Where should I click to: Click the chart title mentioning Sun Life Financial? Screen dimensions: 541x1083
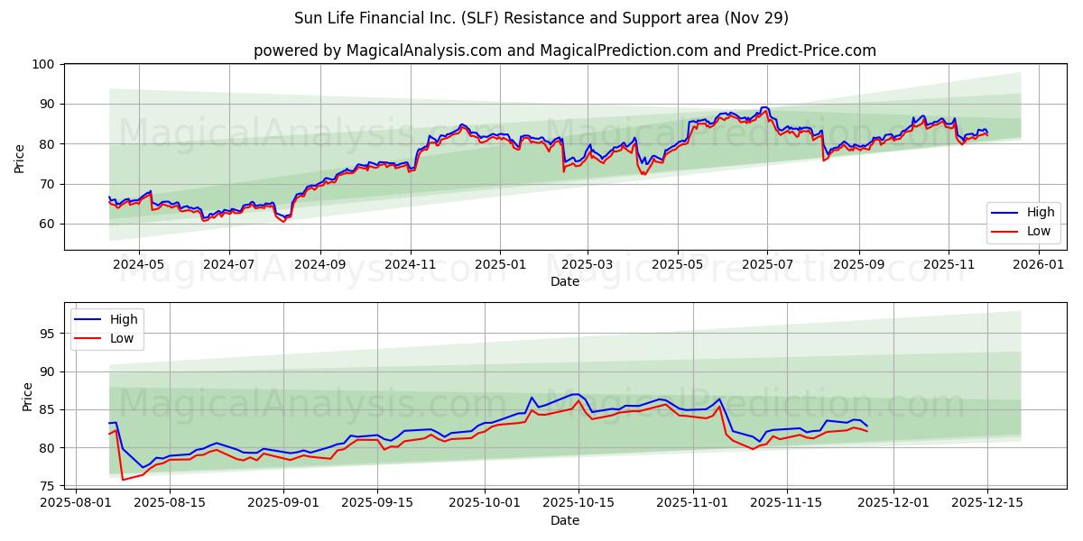[x=541, y=18]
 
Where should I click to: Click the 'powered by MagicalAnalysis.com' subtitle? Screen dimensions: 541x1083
[x=564, y=50]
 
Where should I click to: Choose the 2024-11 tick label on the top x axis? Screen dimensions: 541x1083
[x=410, y=265]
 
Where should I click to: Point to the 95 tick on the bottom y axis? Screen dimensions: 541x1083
[x=49, y=334]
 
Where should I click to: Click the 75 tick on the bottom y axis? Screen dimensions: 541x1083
[x=49, y=486]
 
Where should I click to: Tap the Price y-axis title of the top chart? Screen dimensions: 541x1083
[x=20, y=158]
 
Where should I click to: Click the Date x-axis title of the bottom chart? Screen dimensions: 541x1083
[x=564, y=520]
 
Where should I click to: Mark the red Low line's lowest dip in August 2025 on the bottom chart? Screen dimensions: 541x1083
[x=123, y=480]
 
